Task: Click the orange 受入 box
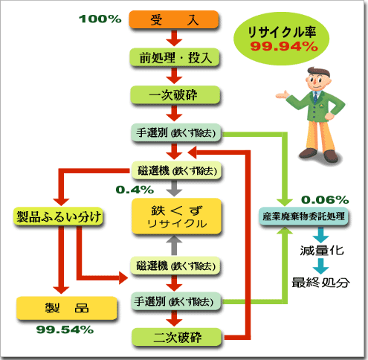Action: (x=174, y=19)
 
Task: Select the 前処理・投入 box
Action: (x=175, y=57)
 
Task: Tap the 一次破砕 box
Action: (x=175, y=94)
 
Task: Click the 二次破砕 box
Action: (x=176, y=337)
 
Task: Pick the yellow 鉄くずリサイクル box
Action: (x=176, y=216)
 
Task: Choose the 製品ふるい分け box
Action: (x=58, y=216)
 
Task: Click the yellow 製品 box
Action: (x=67, y=308)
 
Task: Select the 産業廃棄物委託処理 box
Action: (x=303, y=216)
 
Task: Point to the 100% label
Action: (x=100, y=19)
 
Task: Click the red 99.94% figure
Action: (x=284, y=46)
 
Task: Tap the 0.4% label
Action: (x=135, y=190)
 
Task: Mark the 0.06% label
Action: (x=325, y=200)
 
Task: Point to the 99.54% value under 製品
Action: (x=65, y=330)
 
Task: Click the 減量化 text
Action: (x=322, y=251)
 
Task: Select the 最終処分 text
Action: (x=321, y=283)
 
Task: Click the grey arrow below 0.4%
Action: (x=174, y=189)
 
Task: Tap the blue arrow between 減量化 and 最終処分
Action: (x=321, y=266)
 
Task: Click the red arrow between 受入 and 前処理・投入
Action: (x=174, y=38)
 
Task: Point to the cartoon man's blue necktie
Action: (x=315, y=97)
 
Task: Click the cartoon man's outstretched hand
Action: (x=283, y=95)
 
